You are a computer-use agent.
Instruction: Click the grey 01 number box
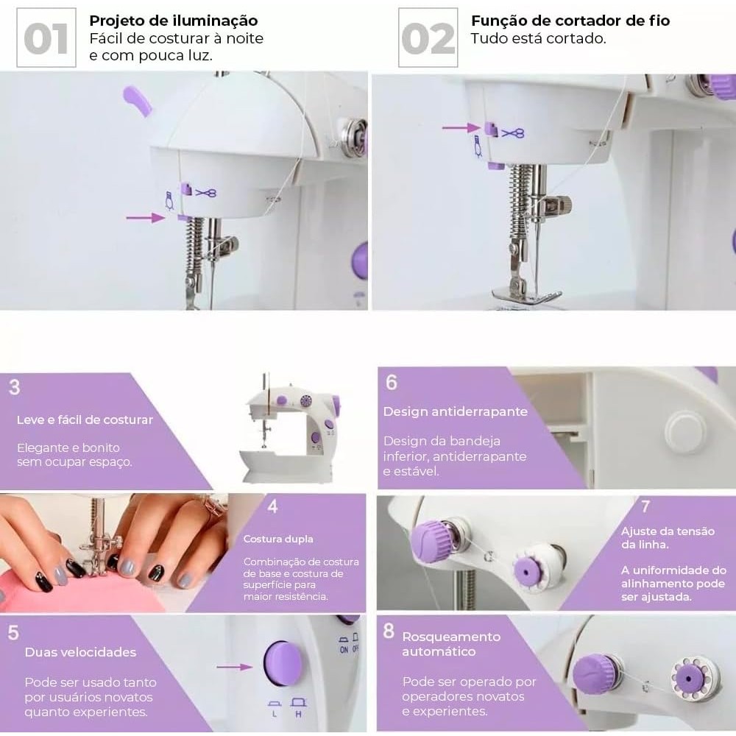pyautogui.click(x=46, y=38)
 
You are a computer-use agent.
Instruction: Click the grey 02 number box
pyautogui.click(x=428, y=38)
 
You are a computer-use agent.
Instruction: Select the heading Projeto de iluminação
pyautogui.click(x=173, y=21)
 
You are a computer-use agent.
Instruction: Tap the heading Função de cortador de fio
pyautogui.click(x=570, y=21)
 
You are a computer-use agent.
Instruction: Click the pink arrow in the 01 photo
pyautogui.click(x=146, y=217)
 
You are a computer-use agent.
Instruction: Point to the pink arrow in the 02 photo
pyautogui.click(x=461, y=127)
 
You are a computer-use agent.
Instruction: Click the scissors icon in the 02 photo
pyautogui.click(x=512, y=133)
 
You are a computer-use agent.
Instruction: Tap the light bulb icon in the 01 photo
pyautogui.click(x=169, y=200)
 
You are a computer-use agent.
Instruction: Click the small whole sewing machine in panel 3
pyautogui.click(x=289, y=428)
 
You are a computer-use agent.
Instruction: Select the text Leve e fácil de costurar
pyautogui.click(x=85, y=420)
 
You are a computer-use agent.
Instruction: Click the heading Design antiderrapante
pyautogui.click(x=456, y=411)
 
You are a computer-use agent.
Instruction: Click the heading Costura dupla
pyautogui.click(x=278, y=539)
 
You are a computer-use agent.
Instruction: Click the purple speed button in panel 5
pyautogui.click(x=283, y=664)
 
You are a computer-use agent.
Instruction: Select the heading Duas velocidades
pyautogui.click(x=80, y=652)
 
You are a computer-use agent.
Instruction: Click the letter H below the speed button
pyautogui.click(x=299, y=714)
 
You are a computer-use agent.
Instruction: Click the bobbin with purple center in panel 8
pyautogui.click(x=689, y=679)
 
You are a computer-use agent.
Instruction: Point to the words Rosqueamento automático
pyautogui.click(x=451, y=644)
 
